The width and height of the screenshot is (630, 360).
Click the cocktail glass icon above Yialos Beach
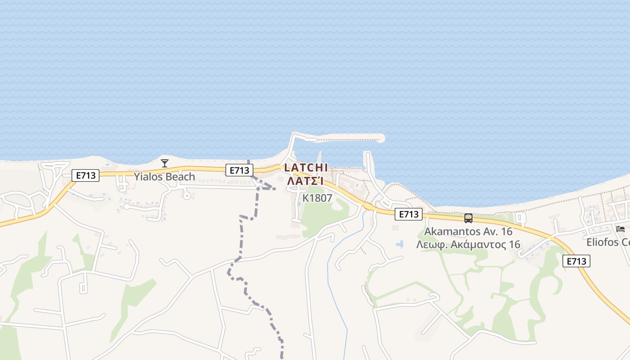point(165,163)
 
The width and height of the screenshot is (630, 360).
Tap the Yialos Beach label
point(164,176)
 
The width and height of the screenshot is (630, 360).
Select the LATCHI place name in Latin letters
point(306,167)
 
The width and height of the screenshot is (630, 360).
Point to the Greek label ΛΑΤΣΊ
point(306,181)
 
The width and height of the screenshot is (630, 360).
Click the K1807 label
point(317,198)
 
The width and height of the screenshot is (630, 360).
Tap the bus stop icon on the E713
point(468,218)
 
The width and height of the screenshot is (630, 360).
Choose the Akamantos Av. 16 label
point(468,232)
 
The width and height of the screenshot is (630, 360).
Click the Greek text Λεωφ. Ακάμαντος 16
point(468,245)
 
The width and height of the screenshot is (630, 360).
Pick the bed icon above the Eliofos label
point(621,229)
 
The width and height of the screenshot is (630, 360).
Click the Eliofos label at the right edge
point(608,242)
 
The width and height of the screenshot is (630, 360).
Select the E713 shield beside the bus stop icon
point(409,215)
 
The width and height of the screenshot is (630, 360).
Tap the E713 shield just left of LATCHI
point(239,171)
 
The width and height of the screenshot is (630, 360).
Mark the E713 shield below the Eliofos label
point(576,261)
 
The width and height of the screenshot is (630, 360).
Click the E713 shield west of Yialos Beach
point(85,175)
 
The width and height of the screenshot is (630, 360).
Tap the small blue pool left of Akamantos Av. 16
point(399,244)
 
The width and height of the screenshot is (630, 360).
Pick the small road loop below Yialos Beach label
point(187,195)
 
